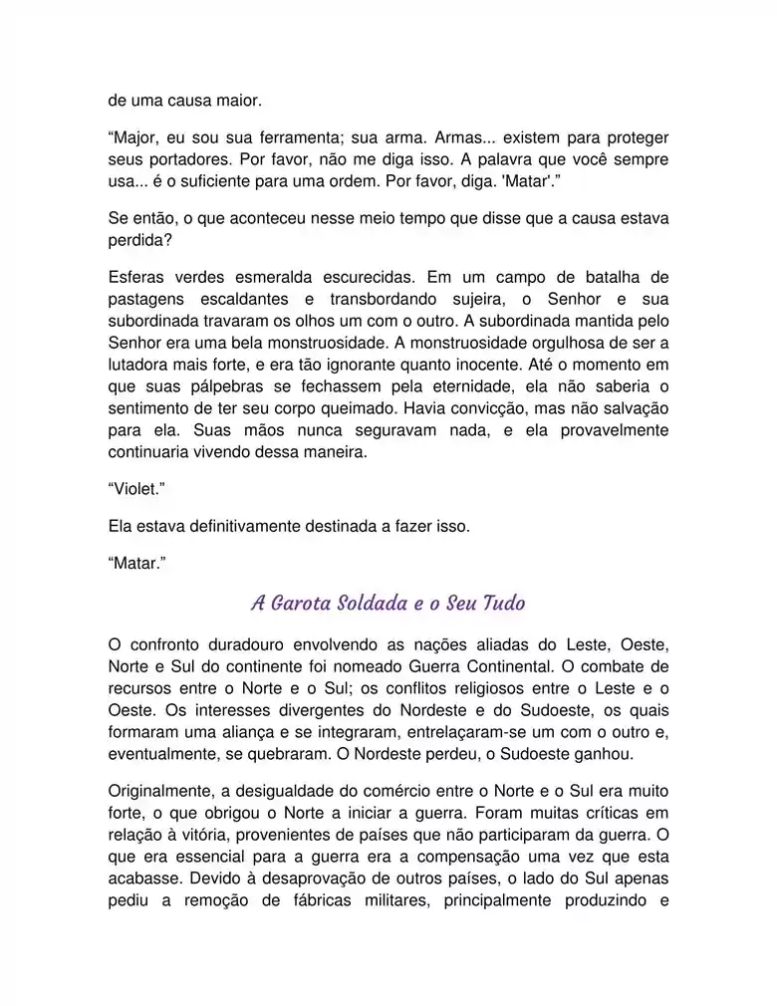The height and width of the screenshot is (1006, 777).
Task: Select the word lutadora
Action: tap(140, 365)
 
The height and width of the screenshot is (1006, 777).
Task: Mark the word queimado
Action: tap(367, 408)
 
